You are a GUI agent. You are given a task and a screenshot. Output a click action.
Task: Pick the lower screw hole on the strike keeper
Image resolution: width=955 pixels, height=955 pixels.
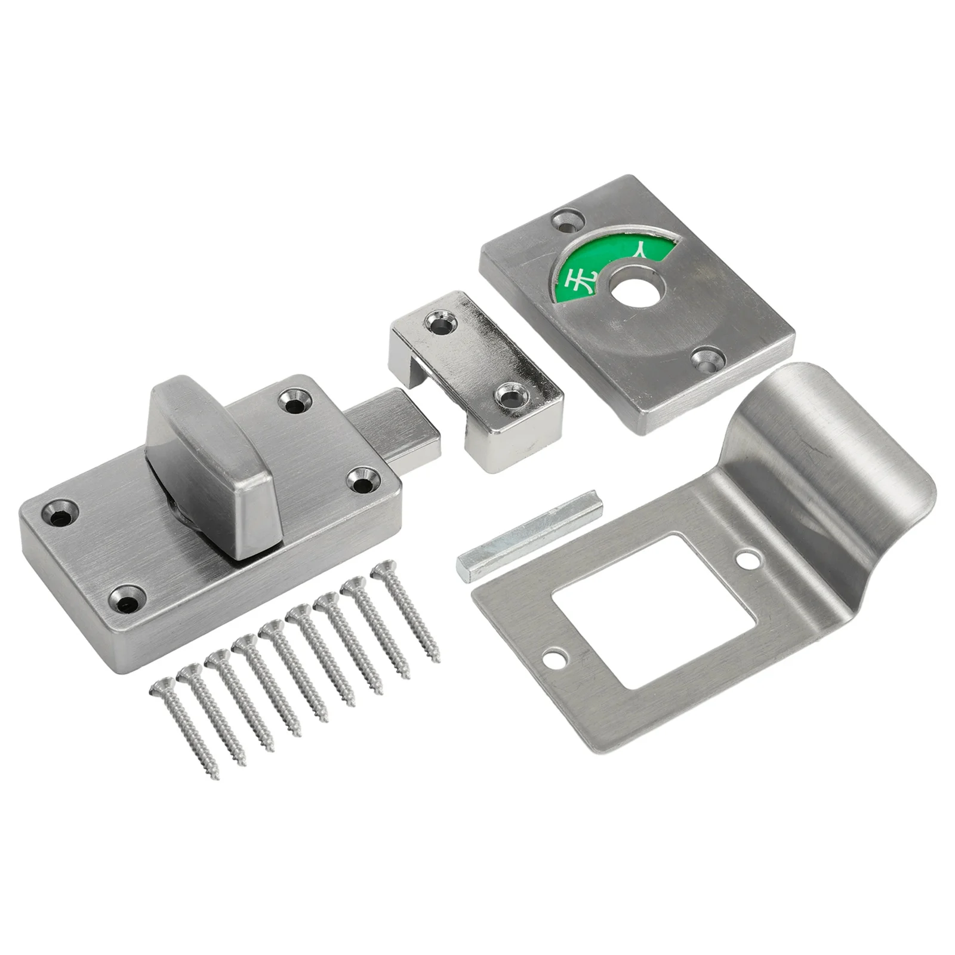513,395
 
